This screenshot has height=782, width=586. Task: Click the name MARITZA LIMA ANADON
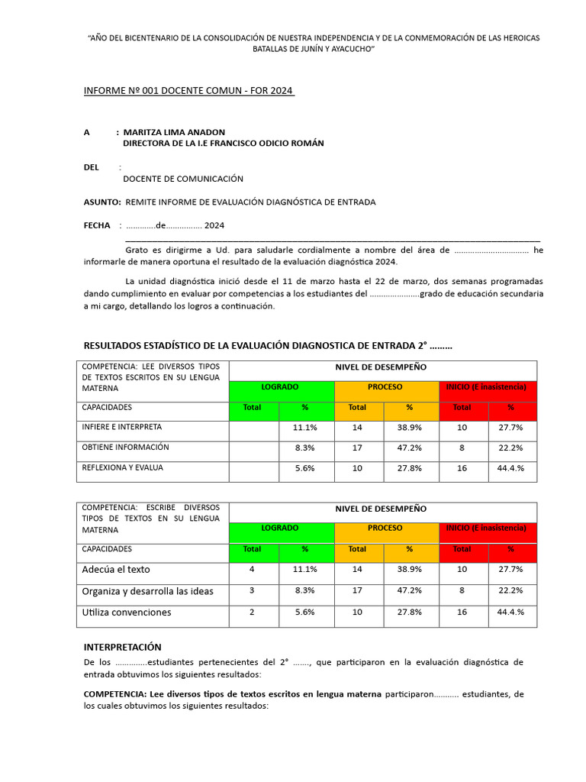pyautogui.click(x=174, y=132)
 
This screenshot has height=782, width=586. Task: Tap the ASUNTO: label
pyautogui.click(x=101, y=202)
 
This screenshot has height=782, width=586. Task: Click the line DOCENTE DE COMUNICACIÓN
pyautogui.click(x=183, y=179)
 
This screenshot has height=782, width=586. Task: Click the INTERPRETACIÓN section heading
pyautogui.click(x=122, y=647)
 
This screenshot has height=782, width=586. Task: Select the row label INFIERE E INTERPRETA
pyautogui.click(x=121, y=428)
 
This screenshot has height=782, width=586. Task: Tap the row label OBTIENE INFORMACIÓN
pyautogui.click(x=125, y=448)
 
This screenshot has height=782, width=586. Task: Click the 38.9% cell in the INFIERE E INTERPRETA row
pyautogui.click(x=409, y=428)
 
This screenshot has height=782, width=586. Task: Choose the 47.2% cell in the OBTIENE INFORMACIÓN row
pyautogui.click(x=409, y=448)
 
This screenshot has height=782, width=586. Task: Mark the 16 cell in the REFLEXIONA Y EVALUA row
pyautogui.click(x=462, y=468)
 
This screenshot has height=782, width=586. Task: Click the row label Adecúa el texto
pyautogui.click(x=116, y=570)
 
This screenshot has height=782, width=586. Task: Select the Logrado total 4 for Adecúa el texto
pyautogui.click(x=252, y=570)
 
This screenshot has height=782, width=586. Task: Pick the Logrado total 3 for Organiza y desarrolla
pyautogui.click(x=252, y=590)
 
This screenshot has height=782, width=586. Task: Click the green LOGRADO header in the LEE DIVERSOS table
pyautogui.click(x=280, y=387)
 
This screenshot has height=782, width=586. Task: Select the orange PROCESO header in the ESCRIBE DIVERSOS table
pyautogui.click(x=385, y=528)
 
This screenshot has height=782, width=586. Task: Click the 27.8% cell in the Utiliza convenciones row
pyautogui.click(x=409, y=612)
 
